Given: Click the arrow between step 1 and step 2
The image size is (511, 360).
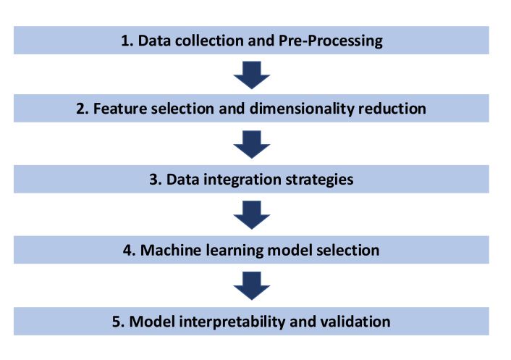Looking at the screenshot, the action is coord(252,75).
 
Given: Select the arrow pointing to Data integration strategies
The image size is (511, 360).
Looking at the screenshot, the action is coord(252,144).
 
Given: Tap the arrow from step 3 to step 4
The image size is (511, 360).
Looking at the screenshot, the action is coord(252,215).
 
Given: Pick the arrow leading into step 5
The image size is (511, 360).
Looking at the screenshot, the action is coord(252,285).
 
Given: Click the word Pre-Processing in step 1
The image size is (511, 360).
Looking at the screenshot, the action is coord(331,41).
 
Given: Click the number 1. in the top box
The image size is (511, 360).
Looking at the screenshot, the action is coord(127,41).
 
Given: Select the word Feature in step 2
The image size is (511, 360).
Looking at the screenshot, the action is coord(119,109).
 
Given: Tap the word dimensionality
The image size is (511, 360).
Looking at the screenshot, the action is coord(302,109).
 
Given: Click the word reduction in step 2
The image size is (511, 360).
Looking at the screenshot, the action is coord(392,109).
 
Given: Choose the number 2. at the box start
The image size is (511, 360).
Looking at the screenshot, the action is coord(83,109).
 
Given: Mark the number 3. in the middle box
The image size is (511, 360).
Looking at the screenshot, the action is coord(156,180).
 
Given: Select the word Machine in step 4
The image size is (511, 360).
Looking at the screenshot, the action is coord(171,251).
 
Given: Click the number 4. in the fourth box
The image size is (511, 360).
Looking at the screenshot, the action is coord(130,251).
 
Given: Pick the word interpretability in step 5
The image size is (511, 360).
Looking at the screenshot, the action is coord(232,322).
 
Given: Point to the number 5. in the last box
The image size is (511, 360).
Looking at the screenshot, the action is coord(118,322).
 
